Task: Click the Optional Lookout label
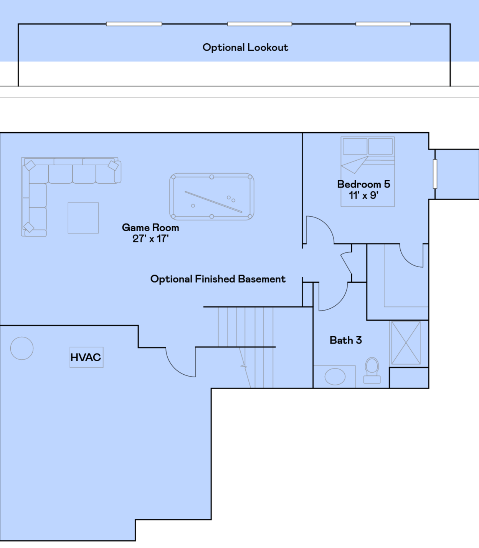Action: coord(245,48)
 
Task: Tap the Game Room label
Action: coord(150,228)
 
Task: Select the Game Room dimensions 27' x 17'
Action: coord(150,239)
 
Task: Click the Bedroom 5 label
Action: coord(363,184)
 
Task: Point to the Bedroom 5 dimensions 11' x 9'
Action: coord(363,195)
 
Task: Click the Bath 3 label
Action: coord(345,340)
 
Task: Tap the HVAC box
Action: coord(86,357)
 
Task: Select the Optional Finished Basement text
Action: coord(218,279)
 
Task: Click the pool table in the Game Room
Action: coord(211,197)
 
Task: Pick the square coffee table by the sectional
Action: coord(83,218)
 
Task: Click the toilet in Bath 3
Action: coord(372,370)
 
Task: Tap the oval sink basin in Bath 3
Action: coord(335,377)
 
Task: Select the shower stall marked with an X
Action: coord(406,343)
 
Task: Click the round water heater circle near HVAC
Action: coord(22,348)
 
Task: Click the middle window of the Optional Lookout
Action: coord(259,24)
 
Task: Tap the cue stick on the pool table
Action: coord(213,202)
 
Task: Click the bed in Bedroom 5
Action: coord(367,172)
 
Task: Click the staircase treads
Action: coord(246,347)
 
